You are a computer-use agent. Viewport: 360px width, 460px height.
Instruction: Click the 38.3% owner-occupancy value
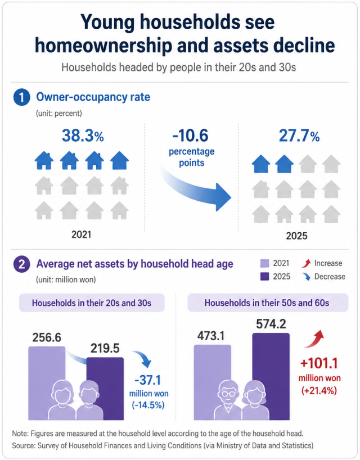click(83, 136)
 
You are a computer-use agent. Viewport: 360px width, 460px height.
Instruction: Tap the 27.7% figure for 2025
click(299, 136)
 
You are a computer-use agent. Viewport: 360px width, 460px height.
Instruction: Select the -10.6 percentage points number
click(191, 136)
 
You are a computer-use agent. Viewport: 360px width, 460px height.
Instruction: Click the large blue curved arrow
click(196, 188)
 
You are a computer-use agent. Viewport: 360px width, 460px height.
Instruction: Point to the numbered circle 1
click(21, 97)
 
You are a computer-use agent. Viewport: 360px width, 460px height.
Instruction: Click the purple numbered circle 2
click(21, 264)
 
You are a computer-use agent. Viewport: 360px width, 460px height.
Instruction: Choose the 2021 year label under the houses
click(81, 234)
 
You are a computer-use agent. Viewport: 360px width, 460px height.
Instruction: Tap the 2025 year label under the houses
click(296, 236)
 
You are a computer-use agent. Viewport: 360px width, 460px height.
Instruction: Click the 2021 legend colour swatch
click(264, 263)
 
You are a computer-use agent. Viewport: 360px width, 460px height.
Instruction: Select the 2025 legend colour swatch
click(264, 277)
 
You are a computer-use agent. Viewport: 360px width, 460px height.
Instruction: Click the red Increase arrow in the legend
click(306, 263)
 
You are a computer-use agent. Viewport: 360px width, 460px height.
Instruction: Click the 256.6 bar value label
click(47, 337)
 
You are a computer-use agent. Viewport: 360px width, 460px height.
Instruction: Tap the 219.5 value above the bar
click(105, 348)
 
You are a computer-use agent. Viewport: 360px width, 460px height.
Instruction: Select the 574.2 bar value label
click(271, 324)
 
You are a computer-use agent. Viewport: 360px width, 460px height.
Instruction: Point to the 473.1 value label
click(211, 336)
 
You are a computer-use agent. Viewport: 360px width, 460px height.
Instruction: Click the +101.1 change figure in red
click(319, 363)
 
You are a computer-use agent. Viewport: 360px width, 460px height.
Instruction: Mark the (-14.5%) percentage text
click(148, 405)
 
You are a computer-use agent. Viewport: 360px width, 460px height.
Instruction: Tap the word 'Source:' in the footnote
click(24, 445)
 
